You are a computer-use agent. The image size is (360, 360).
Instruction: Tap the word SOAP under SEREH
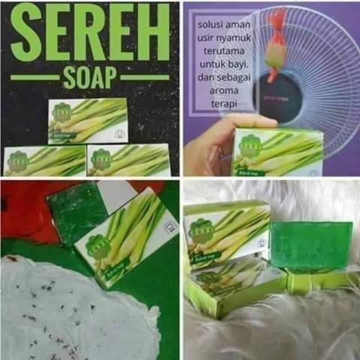tap(90, 77)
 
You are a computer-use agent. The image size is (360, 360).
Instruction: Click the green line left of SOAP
tap(35, 77)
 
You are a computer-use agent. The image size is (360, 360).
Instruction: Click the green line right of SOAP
tap(145, 77)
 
